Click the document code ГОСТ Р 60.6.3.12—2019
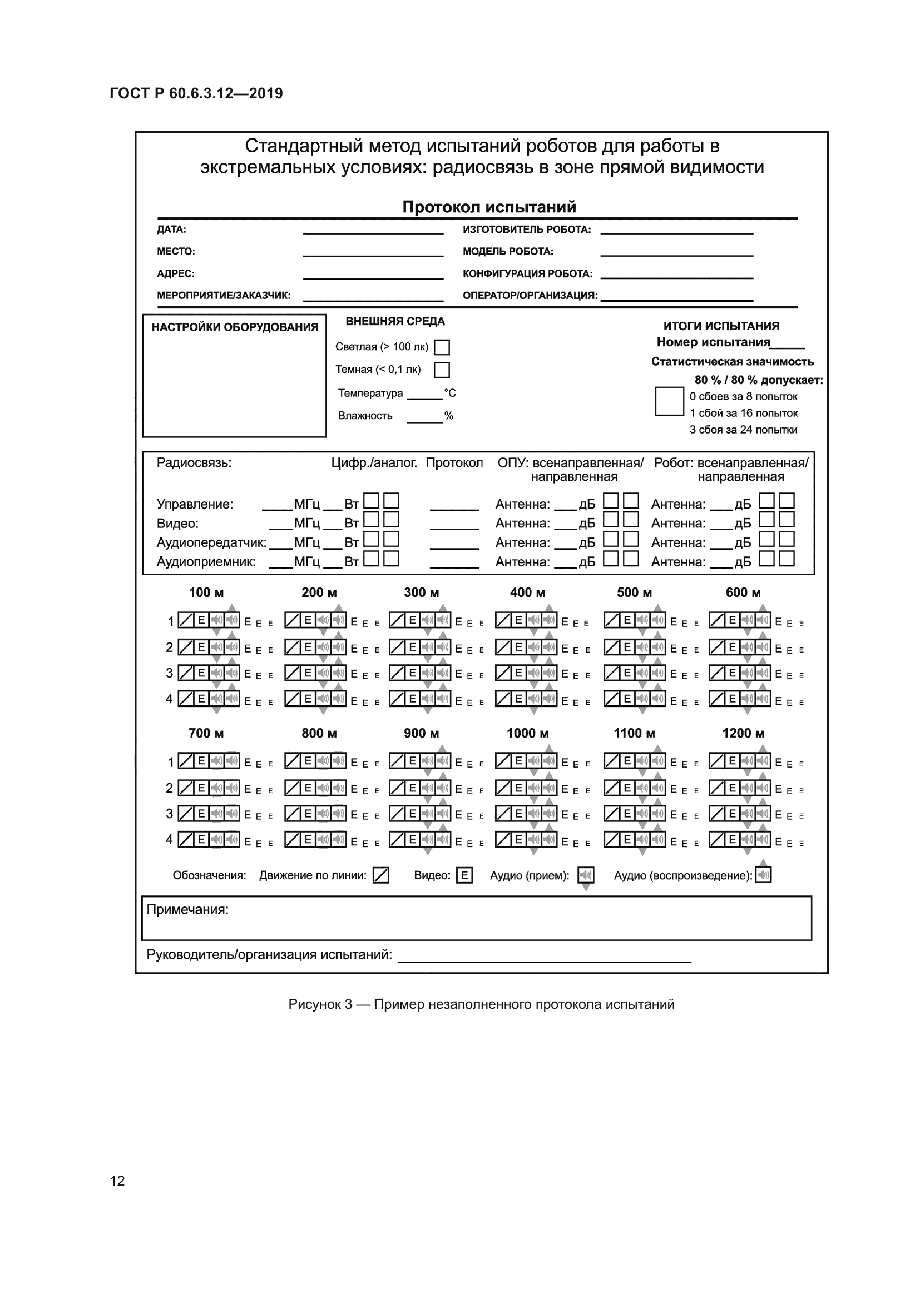point(196,93)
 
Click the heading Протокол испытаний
point(489,207)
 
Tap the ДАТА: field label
point(171,230)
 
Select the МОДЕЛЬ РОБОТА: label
point(508,251)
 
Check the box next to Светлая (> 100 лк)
point(441,347)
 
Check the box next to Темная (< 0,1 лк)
point(441,370)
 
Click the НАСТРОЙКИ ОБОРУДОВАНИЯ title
point(235,327)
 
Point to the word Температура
point(370,393)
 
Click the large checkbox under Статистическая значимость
point(669,401)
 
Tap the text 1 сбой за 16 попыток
point(743,413)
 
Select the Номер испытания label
point(713,342)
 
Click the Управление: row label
point(195,504)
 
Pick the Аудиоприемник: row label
point(206,562)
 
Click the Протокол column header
point(454,462)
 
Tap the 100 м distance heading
point(206,592)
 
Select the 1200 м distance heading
point(743,733)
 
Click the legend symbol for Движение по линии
point(380,875)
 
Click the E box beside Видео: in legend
point(464,875)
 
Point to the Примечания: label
point(187,909)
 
